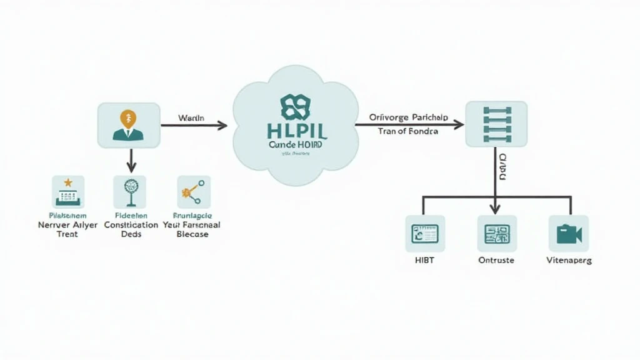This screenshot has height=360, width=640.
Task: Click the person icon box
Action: pos(128,125)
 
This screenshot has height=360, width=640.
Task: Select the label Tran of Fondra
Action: pos(408,131)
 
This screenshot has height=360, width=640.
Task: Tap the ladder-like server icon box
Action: pos(496,124)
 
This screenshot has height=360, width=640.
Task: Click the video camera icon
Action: pos(569,234)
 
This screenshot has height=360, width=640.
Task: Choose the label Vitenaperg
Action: pos(569,260)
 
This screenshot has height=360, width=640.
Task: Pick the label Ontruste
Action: pos(496,260)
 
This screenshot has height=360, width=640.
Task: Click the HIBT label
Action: pos(424,260)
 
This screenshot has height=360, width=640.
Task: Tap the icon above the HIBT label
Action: pos(425,234)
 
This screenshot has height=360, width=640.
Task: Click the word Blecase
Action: pos(192,234)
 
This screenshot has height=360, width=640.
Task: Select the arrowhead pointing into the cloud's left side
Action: pos(222,125)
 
